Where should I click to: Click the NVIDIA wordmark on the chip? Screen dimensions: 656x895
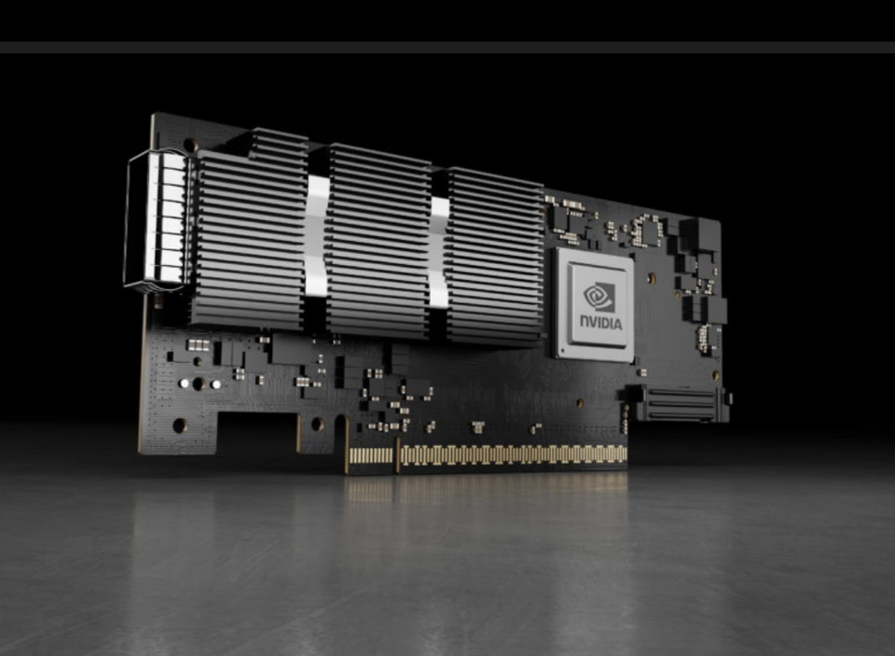click(600, 323)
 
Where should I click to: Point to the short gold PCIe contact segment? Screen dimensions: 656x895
click(371, 456)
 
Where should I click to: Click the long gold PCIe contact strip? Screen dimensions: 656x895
click(513, 454)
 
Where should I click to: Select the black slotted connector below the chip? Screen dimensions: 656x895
click(679, 403)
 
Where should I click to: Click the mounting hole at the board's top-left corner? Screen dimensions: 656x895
click(189, 145)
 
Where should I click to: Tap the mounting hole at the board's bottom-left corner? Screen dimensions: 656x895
click(180, 425)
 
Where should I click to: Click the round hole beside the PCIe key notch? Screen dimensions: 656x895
click(318, 424)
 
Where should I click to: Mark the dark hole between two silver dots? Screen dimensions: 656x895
click(199, 384)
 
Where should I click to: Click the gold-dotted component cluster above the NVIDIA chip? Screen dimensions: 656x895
click(645, 230)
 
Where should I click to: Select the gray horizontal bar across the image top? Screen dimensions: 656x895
click(447, 47)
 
